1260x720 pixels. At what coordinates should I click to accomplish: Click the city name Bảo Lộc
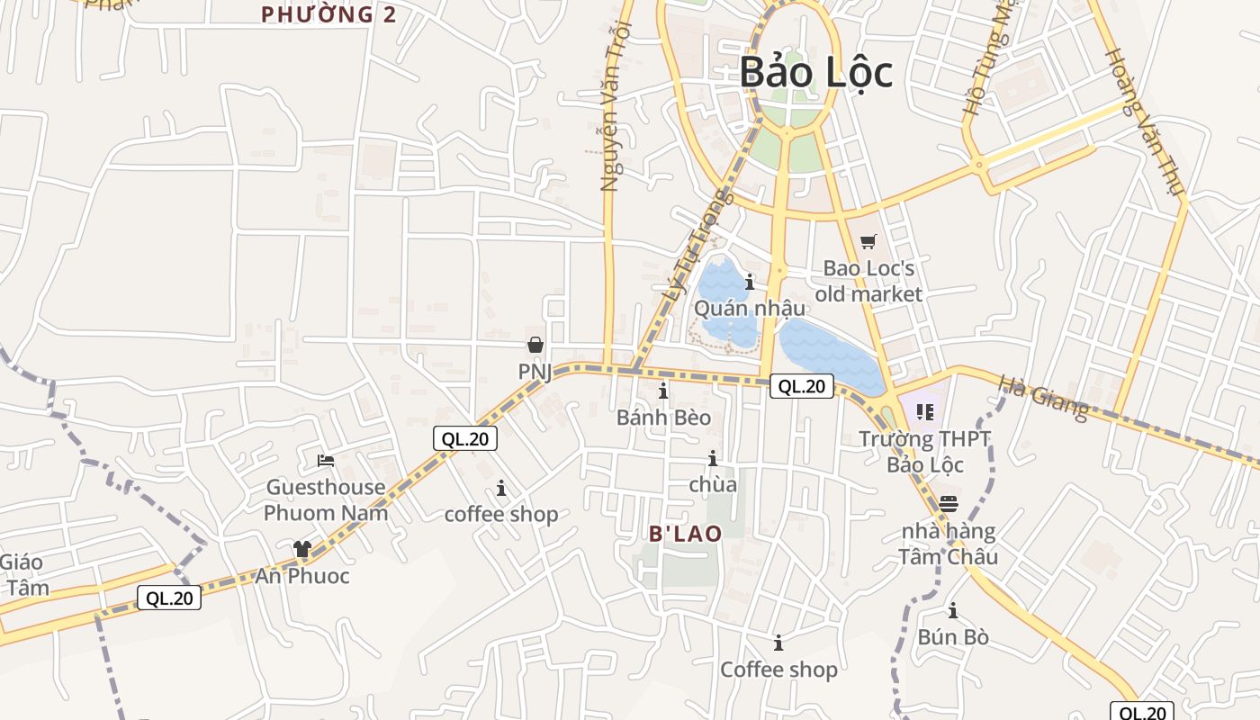click(815, 73)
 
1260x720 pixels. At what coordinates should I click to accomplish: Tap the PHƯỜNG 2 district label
click(328, 14)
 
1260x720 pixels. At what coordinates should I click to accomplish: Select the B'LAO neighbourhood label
click(686, 534)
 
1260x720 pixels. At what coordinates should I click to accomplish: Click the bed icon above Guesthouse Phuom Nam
click(326, 461)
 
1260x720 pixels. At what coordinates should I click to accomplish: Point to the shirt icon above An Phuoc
click(301, 549)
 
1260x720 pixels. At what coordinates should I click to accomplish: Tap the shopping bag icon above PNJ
click(535, 345)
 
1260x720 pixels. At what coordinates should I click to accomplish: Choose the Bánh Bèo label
click(663, 418)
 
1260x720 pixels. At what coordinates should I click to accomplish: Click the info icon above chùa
click(713, 459)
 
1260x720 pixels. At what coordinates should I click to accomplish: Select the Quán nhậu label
click(750, 308)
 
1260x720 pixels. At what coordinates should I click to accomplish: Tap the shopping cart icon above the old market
click(868, 241)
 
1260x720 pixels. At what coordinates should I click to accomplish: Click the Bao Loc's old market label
click(868, 282)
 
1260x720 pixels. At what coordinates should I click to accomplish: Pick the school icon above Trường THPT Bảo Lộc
click(924, 412)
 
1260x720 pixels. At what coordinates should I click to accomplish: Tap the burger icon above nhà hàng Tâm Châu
click(948, 504)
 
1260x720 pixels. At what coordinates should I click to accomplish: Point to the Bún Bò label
click(953, 637)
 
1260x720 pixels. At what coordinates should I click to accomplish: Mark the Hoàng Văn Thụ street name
click(1143, 121)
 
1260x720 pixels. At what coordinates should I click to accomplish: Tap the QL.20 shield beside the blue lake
click(801, 387)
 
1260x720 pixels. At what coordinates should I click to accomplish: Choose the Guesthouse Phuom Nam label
click(326, 500)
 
